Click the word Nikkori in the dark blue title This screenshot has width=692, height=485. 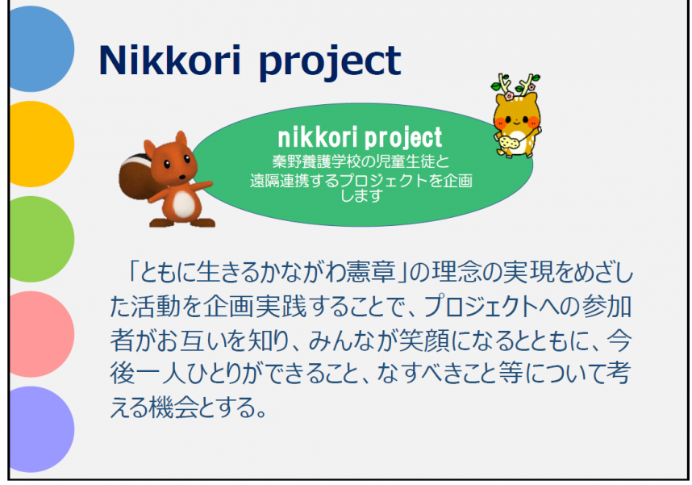click(x=170, y=60)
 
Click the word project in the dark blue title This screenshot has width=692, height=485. click(x=330, y=62)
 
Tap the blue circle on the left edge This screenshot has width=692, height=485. click(x=41, y=48)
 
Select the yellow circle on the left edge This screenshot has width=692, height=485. click(x=41, y=144)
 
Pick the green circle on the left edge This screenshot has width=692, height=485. click(x=41, y=239)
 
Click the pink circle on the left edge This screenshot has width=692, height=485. click(x=41, y=334)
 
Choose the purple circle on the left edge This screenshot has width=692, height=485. click(x=41, y=429)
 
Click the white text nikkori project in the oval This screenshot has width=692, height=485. click(x=360, y=137)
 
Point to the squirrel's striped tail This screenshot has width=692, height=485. click(x=135, y=176)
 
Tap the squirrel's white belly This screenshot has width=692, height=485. click(x=184, y=204)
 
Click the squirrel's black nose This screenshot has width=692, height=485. click(x=181, y=178)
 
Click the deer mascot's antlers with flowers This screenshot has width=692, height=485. click(x=515, y=85)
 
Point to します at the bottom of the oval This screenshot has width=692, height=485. click(x=361, y=195)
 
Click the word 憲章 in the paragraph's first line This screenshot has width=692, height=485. click(x=371, y=272)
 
